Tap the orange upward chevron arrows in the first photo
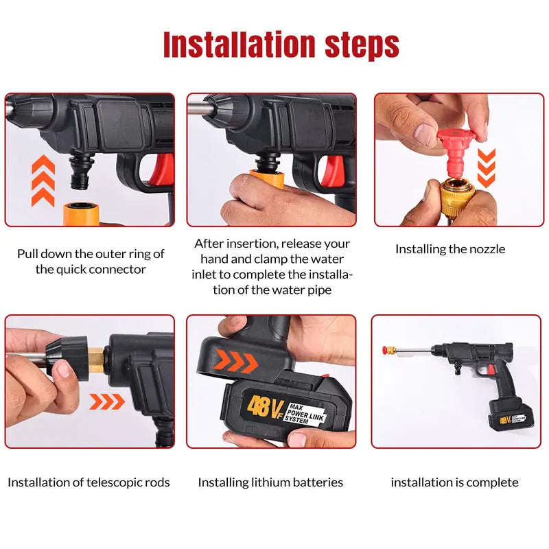tap(43, 180)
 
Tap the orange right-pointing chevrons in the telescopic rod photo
tap(107, 401)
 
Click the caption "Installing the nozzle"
tap(449, 249)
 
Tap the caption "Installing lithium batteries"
tap(270, 482)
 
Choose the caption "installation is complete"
tap(454, 482)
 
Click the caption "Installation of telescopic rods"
tap(89, 482)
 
